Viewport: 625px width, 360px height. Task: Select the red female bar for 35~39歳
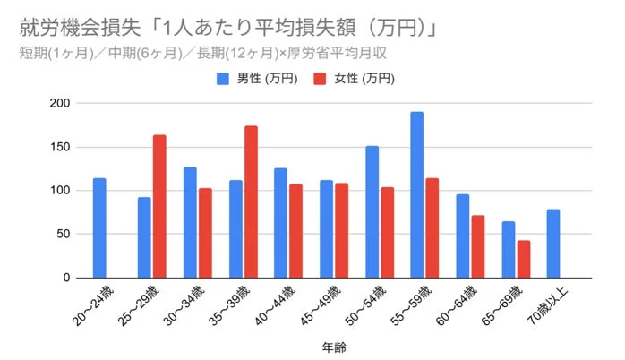click(251, 202)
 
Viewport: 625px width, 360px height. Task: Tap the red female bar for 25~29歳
click(159, 207)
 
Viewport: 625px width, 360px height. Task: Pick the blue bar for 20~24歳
click(99, 228)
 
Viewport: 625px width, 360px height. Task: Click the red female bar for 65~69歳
click(524, 259)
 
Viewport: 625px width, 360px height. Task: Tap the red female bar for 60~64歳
click(478, 246)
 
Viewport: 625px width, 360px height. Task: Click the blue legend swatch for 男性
click(223, 78)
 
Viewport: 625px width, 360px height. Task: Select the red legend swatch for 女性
click(319, 78)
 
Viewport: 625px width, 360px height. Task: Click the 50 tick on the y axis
click(63, 235)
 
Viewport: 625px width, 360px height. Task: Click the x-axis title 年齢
click(334, 345)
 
